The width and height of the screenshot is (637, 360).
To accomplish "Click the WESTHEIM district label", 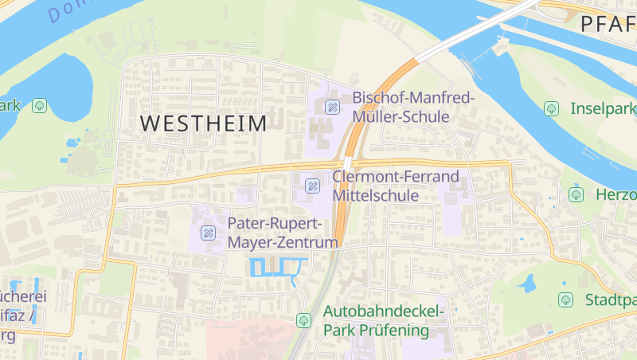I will pyautogui.click(x=203, y=123).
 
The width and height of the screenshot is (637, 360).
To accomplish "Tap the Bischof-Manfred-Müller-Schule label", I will pyautogui.click(x=412, y=107).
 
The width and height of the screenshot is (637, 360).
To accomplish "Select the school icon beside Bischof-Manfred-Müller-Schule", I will pyautogui.click(x=333, y=108).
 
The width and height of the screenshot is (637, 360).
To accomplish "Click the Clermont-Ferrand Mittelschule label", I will pyautogui.click(x=396, y=185).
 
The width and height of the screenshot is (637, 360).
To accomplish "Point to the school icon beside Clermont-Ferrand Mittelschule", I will pyautogui.click(x=313, y=186).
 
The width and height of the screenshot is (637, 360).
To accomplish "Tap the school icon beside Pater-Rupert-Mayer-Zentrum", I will pyautogui.click(x=209, y=233).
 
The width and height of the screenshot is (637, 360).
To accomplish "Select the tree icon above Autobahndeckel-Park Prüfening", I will pyautogui.click(x=303, y=320).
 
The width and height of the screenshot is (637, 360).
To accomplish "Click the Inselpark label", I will pyautogui.click(x=603, y=108).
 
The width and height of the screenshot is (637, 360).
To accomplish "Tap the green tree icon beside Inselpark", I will pyautogui.click(x=551, y=108).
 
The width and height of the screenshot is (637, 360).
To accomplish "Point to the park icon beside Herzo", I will pyautogui.click(x=576, y=194).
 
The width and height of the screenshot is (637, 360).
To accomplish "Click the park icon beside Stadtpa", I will pyautogui.click(x=565, y=299).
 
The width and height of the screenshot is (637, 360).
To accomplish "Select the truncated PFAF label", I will pyautogui.click(x=608, y=24).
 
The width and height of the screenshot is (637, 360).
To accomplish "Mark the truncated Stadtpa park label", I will pyautogui.click(x=610, y=300).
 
